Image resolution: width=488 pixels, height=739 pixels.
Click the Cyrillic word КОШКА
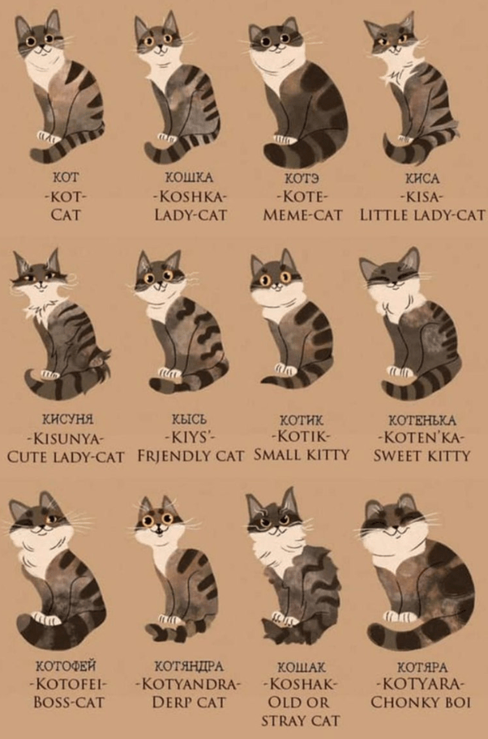pos(189,178)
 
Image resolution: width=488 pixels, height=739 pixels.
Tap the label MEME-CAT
pos(303,215)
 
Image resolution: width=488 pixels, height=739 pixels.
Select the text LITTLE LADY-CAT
pos(423,215)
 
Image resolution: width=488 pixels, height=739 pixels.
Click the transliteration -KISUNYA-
pos(66,440)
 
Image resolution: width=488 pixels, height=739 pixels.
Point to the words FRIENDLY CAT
pos(191,456)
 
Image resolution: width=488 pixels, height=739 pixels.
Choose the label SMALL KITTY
pos(302,454)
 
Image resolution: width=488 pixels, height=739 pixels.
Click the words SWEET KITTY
pos(422,456)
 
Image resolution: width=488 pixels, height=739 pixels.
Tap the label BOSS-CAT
pos(69,702)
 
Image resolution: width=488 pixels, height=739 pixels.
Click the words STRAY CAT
pos(301,720)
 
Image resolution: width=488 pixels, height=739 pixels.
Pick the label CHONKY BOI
pos(421,703)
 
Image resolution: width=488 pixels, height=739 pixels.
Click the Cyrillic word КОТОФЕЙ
pos(66,665)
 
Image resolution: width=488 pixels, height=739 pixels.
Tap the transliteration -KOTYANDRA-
pos(188,683)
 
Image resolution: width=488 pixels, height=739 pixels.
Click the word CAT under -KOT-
pos(66,215)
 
